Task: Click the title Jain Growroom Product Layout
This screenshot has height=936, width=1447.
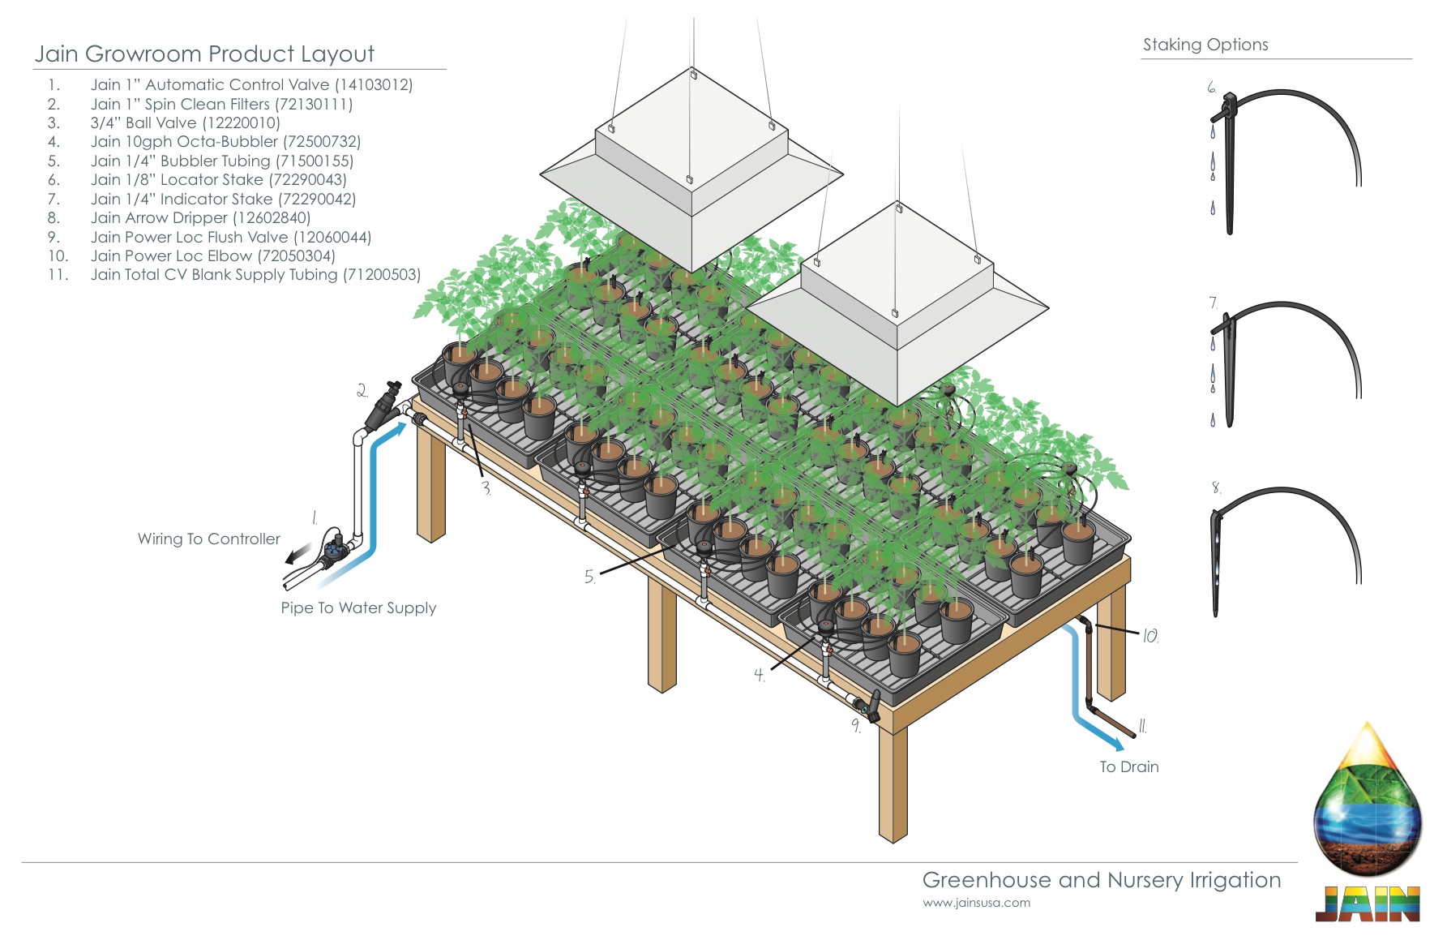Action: click(x=204, y=54)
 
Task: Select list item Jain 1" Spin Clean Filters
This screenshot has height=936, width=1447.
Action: click(x=221, y=104)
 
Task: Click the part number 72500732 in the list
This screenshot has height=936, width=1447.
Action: click(x=321, y=142)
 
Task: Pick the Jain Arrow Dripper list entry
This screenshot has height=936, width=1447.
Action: click(x=200, y=217)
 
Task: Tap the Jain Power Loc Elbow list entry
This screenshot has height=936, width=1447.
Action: click(x=212, y=255)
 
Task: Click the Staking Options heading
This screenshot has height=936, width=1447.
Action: click(x=1205, y=45)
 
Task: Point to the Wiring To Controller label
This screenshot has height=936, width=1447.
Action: click(x=208, y=539)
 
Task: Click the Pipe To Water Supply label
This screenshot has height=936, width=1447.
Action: click(x=358, y=608)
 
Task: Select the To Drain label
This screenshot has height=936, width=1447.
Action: click(x=1128, y=767)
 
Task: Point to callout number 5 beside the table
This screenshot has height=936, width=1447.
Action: click(x=589, y=577)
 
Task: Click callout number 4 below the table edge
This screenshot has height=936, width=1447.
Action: click(x=760, y=675)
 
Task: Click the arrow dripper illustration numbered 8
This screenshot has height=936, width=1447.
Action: click(x=1216, y=560)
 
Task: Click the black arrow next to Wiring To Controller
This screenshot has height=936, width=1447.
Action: click(x=296, y=556)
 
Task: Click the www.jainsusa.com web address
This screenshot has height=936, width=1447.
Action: click(x=976, y=903)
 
